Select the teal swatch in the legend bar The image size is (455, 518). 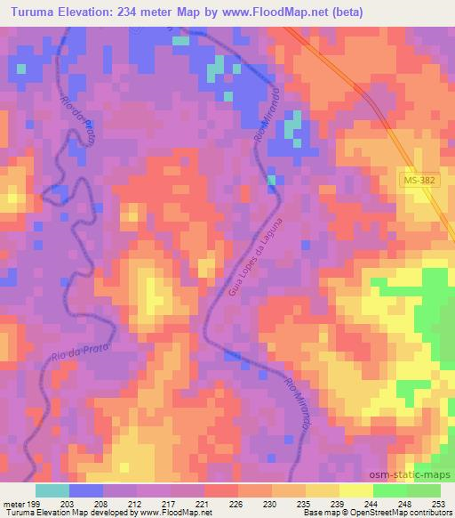(x=53, y=490)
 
